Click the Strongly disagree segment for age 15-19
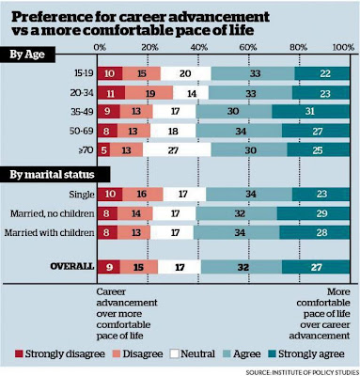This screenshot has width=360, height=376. [x=110, y=73]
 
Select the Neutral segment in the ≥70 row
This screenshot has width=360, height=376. [x=177, y=149]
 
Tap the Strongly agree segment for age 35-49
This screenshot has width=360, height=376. [x=310, y=112]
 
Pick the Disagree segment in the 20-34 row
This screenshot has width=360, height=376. [x=149, y=93]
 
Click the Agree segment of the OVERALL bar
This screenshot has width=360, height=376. [x=242, y=267]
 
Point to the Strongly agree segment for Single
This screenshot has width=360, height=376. [x=321, y=195]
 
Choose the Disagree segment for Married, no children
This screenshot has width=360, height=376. [x=135, y=213]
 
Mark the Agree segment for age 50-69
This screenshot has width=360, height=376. [x=239, y=131]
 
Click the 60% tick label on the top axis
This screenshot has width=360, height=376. [x=248, y=47]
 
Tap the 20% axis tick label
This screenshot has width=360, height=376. [x=149, y=47]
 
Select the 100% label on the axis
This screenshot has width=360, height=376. [x=343, y=47]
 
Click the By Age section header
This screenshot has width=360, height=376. [x=27, y=55]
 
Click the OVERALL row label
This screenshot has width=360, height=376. [x=72, y=266]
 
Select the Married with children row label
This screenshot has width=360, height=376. [x=49, y=232]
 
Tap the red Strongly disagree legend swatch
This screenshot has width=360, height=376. [x=19, y=354]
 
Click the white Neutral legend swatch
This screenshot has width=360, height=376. [x=174, y=354]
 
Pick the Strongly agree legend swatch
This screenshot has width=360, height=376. [x=272, y=354]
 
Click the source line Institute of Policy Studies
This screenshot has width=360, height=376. [x=302, y=372]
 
